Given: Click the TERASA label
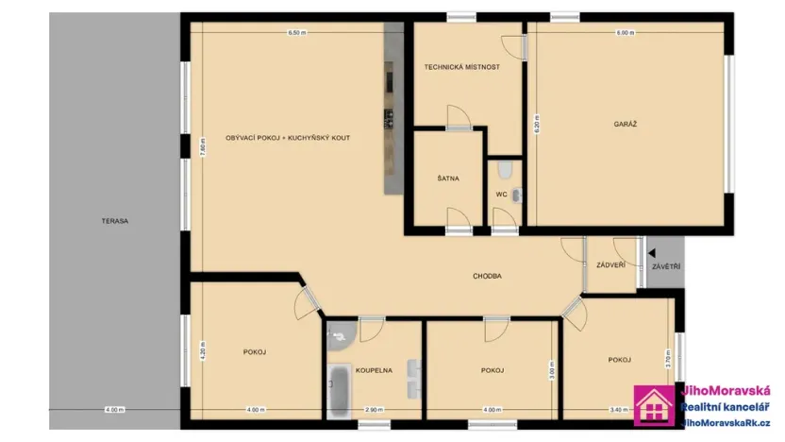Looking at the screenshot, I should (x=116, y=221).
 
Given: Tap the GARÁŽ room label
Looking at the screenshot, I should (x=625, y=124).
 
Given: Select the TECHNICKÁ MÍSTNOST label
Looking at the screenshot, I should (x=461, y=67).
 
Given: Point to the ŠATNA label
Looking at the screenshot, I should (x=448, y=178).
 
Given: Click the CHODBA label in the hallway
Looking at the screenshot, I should (x=487, y=276).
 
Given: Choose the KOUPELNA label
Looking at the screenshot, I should (x=374, y=370).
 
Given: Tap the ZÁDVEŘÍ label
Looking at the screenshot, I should (x=610, y=265).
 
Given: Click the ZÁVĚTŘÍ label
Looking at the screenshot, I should (x=666, y=267).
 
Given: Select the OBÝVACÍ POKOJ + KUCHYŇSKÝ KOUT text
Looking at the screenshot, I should (x=288, y=138).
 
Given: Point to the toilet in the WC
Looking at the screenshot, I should (x=507, y=169).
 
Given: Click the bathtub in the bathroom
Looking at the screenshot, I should (x=338, y=390).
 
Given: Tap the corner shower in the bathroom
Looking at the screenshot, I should (x=339, y=332).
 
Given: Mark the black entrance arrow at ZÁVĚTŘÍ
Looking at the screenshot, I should (x=651, y=253).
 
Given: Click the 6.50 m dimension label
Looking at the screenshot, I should (x=297, y=33).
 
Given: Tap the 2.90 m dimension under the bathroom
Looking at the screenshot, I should (x=374, y=409).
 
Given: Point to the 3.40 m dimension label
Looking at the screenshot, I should (x=618, y=409).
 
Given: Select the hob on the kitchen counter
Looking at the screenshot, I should (x=389, y=119).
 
